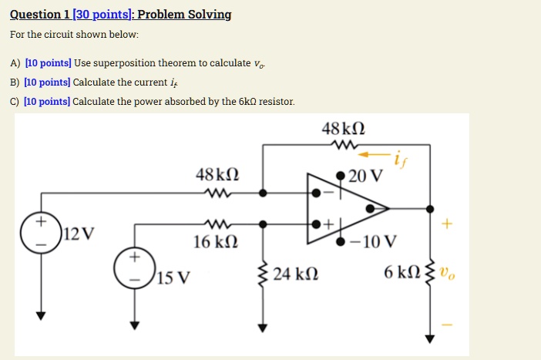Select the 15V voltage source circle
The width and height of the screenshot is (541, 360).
[x=134, y=264]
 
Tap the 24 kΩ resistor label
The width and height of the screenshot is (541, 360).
[x=297, y=274]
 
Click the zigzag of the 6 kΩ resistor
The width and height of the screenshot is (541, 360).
[x=430, y=272]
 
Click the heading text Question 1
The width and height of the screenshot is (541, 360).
[x=40, y=15]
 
